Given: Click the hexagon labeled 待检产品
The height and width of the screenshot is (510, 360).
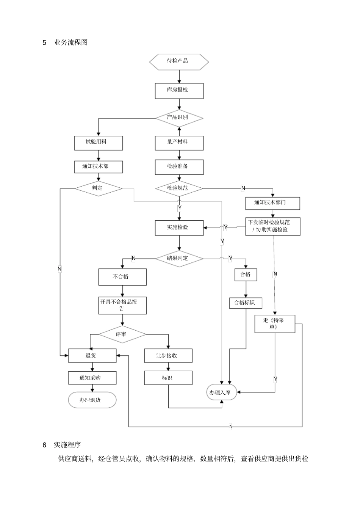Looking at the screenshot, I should tap(179, 61).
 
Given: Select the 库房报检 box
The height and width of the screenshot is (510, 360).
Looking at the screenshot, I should tap(179, 91).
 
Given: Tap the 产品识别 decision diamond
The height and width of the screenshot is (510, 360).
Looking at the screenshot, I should tap(179, 118).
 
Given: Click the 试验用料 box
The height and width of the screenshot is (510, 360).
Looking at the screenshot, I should tap(99, 143).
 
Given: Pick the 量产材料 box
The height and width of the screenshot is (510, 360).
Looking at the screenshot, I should tap(179, 143).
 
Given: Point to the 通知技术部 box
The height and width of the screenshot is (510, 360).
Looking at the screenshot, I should tap(99, 167).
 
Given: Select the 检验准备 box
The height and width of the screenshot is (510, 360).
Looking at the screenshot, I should tap(179, 167).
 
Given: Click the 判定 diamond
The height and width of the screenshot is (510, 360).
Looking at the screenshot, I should tap(98, 188).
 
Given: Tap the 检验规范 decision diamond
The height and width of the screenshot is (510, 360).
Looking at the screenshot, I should tap(179, 188).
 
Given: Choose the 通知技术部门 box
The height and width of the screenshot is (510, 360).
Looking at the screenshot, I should tap(272, 203).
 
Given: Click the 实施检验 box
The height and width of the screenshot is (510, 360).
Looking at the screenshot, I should tap(179, 228).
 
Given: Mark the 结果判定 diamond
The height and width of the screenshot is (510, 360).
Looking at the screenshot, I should tap(179, 259).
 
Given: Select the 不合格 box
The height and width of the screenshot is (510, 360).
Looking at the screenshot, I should tap(122, 277).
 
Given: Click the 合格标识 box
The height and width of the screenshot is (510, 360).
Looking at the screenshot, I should tap(246, 303).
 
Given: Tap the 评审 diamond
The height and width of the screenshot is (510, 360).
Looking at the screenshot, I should tap(122, 334).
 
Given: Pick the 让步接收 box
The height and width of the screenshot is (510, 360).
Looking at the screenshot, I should tap(168, 356).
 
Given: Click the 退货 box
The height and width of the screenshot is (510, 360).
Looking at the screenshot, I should tap(92, 356).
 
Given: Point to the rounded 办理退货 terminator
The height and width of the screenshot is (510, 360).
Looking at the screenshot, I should tap(92, 400).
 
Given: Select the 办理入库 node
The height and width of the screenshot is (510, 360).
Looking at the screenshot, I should tap(222, 393).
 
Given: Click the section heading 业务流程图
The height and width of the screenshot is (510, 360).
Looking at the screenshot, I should tap(71, 42).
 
